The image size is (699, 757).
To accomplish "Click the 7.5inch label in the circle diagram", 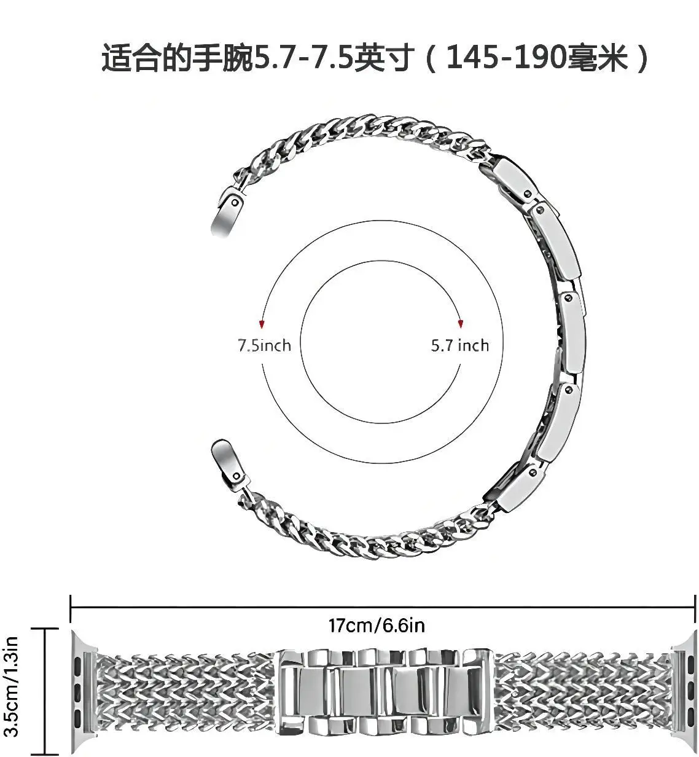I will (x=264, y=345).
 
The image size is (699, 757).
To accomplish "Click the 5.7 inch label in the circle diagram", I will (x=459, y=345).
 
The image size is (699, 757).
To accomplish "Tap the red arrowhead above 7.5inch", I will (x=262, y=324).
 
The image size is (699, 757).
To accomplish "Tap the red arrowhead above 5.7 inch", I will (x=461, y=324).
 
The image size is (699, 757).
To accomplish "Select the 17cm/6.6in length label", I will (x=377, y=626).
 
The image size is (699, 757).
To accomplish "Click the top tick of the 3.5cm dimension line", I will (x=46, y=630).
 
